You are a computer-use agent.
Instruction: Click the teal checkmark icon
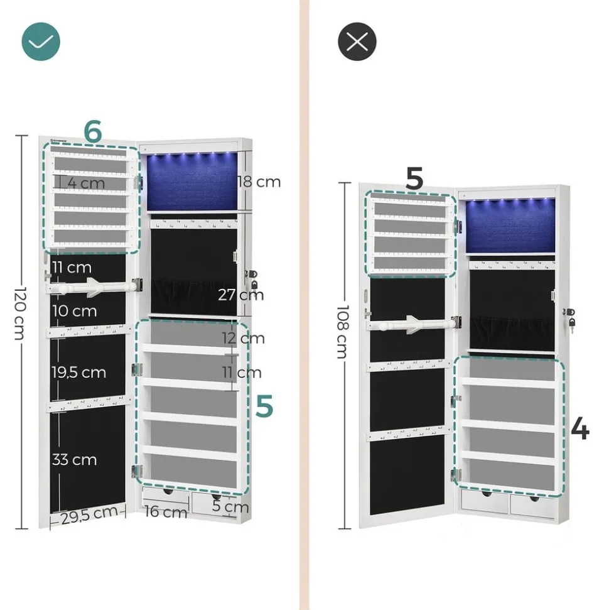click(41, 41)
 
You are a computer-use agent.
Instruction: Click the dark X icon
click(357, 41)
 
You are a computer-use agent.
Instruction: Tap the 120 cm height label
click(19, 322)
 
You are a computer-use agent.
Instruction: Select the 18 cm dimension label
click(259, 182)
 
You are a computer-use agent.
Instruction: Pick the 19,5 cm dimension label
click(78, 372)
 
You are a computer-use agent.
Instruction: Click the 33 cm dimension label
click(74, 459)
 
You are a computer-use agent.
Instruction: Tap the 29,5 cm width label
click(89, 514)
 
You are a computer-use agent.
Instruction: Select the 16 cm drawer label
click(166, 512)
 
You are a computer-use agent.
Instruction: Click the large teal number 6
click(92, 132)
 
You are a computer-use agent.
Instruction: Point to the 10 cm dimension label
click(75, 311)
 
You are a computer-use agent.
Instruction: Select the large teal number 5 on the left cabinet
click(264, 406)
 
